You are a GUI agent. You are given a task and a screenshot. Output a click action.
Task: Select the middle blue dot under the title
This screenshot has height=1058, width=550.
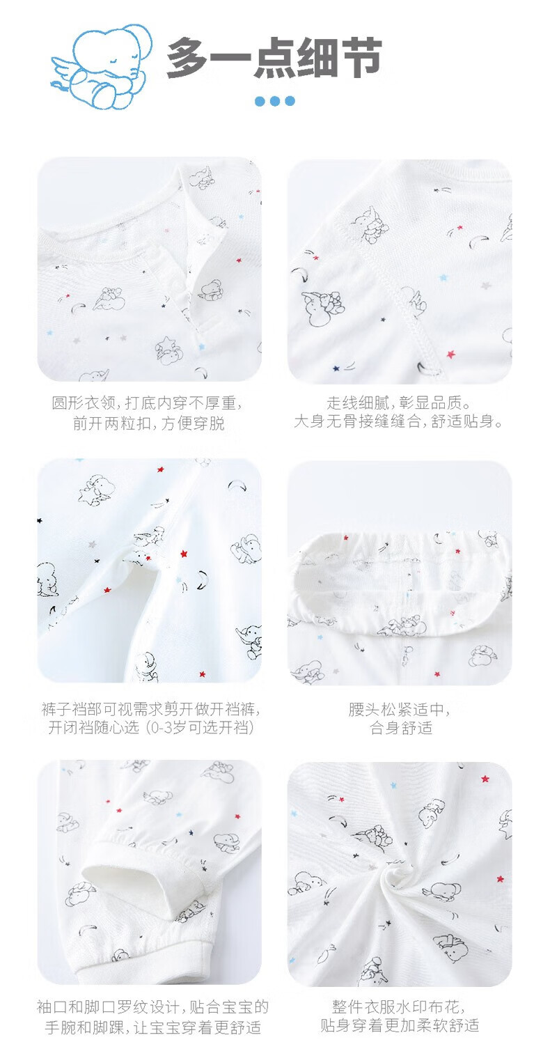pos(275,100)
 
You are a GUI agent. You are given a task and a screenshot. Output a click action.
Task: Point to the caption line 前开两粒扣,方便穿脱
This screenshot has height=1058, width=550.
pos(149,423)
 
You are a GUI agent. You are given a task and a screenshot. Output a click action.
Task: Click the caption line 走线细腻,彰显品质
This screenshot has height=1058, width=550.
pos(399,403)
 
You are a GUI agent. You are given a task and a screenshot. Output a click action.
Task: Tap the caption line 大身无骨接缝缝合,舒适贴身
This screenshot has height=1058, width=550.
pos(399,421)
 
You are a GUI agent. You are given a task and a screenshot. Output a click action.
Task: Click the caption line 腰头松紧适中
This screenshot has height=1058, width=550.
pos(399,709)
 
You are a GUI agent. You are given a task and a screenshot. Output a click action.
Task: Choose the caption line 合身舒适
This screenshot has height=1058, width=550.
pos(401,727)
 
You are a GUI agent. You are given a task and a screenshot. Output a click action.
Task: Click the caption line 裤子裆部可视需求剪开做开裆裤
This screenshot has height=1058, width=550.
pos(150,709)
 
